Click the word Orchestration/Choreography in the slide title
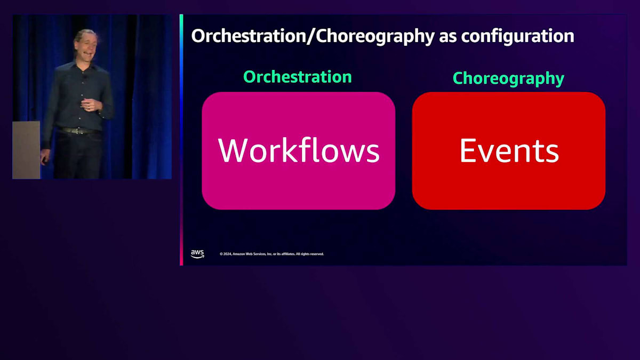(313, 37)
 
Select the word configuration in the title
(518, 37)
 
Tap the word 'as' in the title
(447, 38)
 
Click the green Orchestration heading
(298, 77)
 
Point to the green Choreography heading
(509, 78)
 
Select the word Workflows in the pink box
(299, 150)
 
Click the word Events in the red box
(509, 150)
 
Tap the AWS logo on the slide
(197, 254)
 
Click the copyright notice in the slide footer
(271, 254)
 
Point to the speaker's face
(86, 46)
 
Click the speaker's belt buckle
(77, 131)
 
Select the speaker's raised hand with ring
(91, 105)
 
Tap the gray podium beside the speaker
(26, 150)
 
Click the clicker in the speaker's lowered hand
(44, 161)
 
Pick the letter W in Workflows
(233, 150)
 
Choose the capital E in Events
(467, 150)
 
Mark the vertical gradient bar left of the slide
(181, 140)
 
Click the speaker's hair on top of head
(85, 33)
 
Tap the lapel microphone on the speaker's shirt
(85, 77)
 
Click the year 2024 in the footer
(227, 254)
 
